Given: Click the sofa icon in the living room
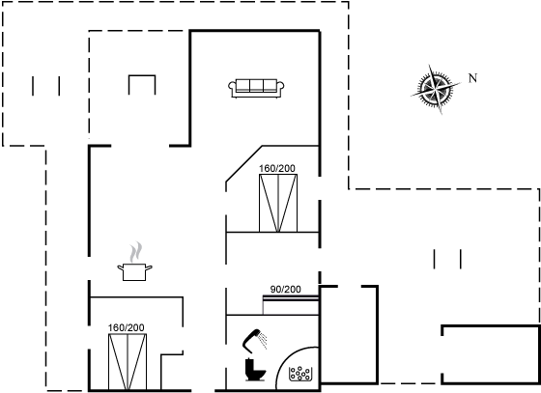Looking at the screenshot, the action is coord(256,88).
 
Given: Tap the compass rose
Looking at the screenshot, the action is coord(436,89).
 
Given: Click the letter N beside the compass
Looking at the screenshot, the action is coord(472,78).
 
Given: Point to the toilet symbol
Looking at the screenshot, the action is coord(255,370).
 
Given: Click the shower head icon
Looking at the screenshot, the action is coord(254,341).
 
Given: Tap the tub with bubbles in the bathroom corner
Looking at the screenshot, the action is coord(300,374).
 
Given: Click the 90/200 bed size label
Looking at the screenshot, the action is coord(285,290).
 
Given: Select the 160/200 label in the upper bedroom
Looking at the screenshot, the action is coord(277,168).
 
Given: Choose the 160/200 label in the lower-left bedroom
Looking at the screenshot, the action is coord(126,327).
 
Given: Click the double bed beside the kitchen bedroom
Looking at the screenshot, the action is coord(128,362).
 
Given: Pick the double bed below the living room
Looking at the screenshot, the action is coord(278,203).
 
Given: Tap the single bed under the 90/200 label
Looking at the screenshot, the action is coord(291,305).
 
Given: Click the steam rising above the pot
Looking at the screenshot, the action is coord(135,252).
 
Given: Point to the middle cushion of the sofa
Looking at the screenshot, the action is coord(256,86).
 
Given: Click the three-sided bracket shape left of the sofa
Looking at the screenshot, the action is coord(142,75).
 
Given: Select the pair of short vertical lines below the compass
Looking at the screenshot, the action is coord(447,259).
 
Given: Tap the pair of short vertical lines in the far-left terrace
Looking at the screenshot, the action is coord(46,86).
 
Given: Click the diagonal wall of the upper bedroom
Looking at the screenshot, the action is coord(243,163).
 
